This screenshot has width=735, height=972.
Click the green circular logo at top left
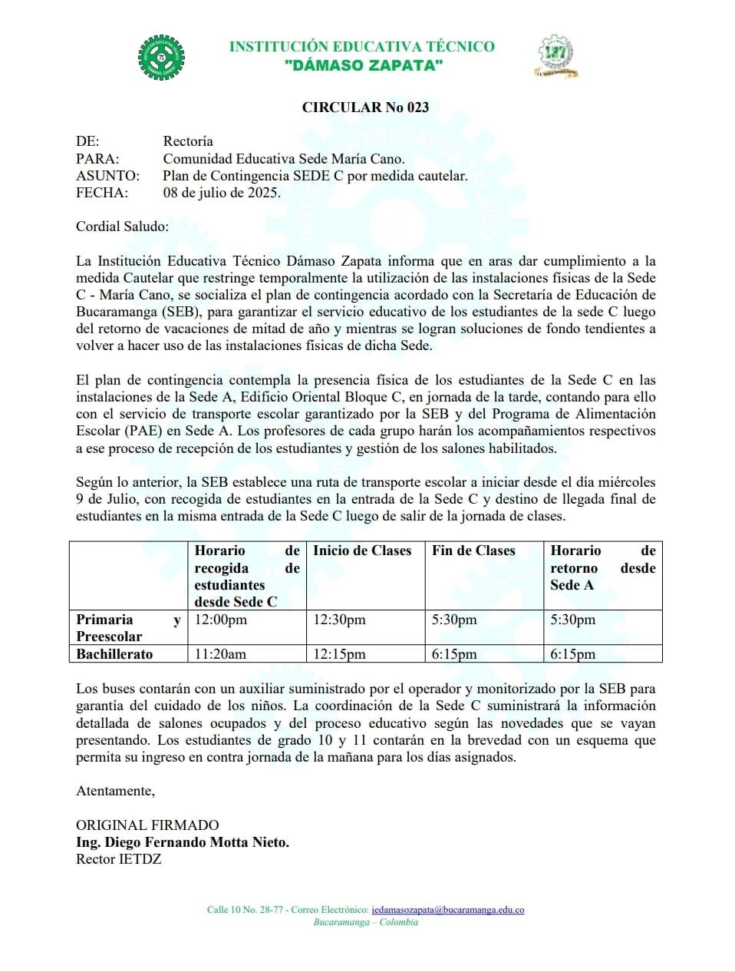click(x=161, y=57)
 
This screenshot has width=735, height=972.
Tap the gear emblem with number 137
click(x=555, y=55)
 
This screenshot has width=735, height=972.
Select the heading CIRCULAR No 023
click(x=365, y=107)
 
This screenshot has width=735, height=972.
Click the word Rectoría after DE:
click(x=188, y=141)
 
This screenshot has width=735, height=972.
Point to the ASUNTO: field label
click(x=107, y=176)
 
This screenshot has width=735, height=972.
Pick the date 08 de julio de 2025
click(x=222, y=193)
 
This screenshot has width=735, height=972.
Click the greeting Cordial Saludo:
click(x=123, y=226)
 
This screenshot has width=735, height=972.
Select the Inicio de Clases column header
click(x=362, y=550)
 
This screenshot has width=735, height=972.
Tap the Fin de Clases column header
click(x=473, y=550)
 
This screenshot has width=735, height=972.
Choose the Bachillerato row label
click(x=114, y=654)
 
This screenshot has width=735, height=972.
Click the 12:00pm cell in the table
click(x=221, y=620)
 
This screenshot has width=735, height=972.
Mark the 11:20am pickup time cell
click(x=220, y=654)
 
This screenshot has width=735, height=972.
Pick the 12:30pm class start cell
click(x=339, y=620)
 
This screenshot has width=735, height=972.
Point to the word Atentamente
click(x=115, y=791)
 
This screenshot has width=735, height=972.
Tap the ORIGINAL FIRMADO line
click(x=147, y=825)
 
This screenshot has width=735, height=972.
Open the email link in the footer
click(x=447, y=910)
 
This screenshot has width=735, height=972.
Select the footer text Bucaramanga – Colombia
click(x=366, y=922)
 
